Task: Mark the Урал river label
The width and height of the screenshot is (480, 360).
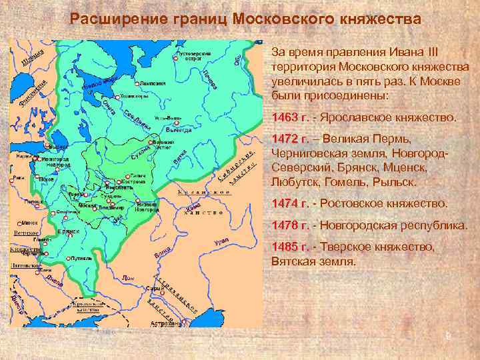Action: pyautogui.click(x=222, y=240)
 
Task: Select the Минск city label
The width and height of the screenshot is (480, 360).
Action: pyautogui.click(x=29, y=223)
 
